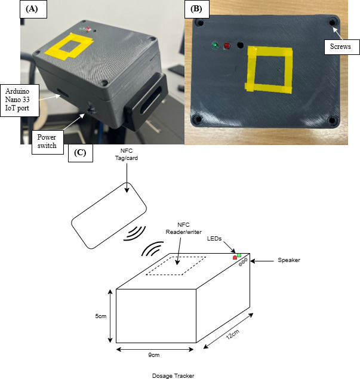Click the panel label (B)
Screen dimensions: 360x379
197,9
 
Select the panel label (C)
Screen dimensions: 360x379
81,153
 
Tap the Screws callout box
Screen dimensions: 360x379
341,47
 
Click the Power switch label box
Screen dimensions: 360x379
47,142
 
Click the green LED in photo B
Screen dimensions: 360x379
214,45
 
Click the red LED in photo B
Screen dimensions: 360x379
227,45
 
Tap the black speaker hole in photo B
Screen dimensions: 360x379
240,45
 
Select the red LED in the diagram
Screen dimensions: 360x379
235,258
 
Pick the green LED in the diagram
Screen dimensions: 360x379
239,255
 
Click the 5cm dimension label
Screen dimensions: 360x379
100,316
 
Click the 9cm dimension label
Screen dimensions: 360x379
154,355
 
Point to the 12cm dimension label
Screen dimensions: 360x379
233,334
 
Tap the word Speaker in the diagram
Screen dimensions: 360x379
289,260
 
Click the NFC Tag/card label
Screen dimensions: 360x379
127,155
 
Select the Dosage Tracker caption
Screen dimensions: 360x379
173,375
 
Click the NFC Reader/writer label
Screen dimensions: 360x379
183,229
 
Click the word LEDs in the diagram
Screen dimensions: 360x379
214,239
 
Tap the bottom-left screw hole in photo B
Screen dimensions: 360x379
198,119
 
